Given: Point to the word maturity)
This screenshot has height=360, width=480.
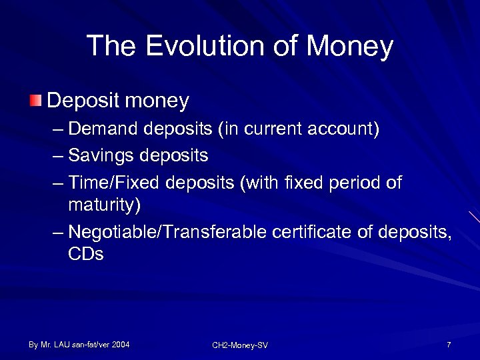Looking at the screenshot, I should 104,203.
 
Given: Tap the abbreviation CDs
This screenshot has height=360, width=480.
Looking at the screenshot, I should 86,254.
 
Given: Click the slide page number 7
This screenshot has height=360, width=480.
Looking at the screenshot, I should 449,345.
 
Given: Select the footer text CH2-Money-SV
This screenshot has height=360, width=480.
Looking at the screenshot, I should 240,345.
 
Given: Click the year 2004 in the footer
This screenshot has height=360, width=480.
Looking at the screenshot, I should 121,345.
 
